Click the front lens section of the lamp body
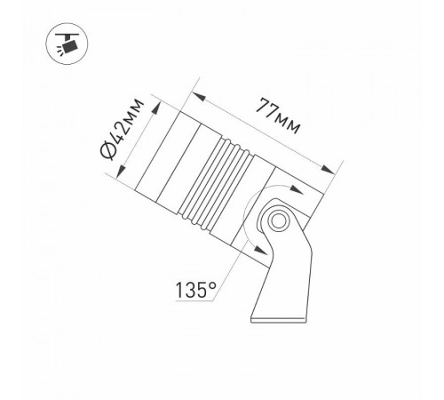[x=165, y=156]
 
